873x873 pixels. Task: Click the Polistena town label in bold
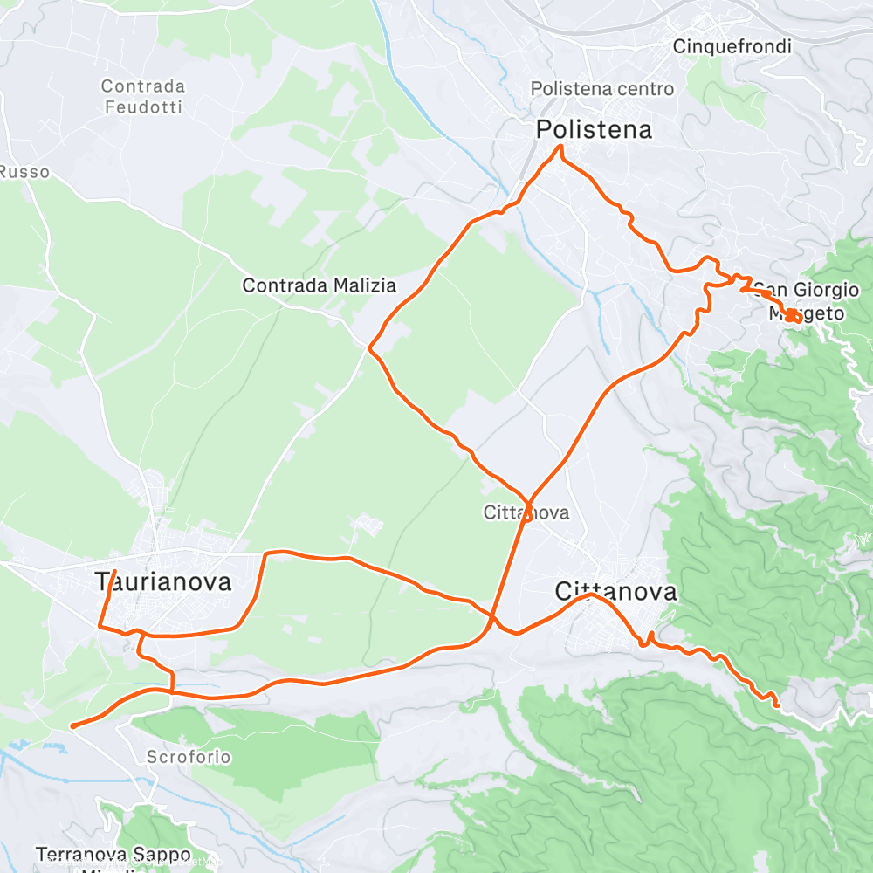click(x=594, y=130)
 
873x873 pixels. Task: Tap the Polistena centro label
click(x=602, y=89)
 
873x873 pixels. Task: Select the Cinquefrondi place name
click(x=732, y=46)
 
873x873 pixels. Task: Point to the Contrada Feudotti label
click(x=143, y=96)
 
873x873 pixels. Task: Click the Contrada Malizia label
click(x=319, y=285)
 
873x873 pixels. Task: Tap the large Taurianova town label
click(x=163, y=582)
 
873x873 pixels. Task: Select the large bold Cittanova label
click(x=615, y=593)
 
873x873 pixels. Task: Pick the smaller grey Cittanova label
click(x=526, y=512)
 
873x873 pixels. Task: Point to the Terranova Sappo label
click(x=113, y=854)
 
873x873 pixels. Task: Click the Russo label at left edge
click(x=24, y=172)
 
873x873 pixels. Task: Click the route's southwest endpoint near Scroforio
click(x=72, y=725)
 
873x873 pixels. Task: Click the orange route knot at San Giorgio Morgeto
click(x=793, y=317)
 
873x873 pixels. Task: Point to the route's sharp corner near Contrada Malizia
click(x=370, y=348)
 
